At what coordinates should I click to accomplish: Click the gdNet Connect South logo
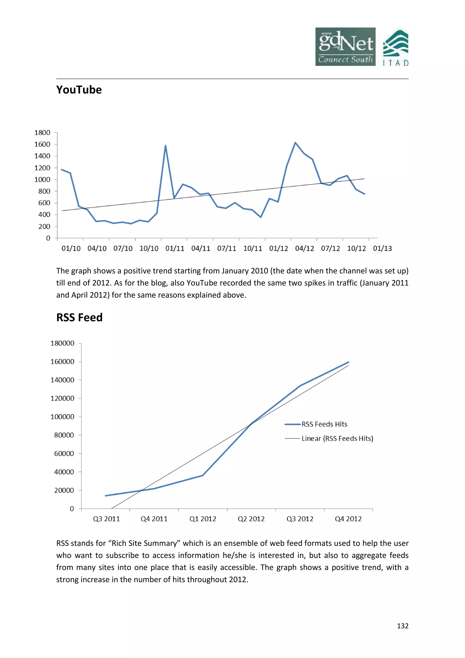click(345, 47)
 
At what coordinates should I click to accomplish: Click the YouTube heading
click(79, 90)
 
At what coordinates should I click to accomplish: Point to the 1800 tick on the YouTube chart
click(42, 133)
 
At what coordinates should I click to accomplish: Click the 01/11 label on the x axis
click(175, 249)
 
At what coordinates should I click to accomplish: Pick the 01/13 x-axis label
click(382, 249)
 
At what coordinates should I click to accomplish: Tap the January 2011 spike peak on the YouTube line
click(166, 146)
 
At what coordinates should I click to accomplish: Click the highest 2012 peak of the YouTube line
click(295, 142)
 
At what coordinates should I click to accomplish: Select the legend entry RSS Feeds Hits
click(324, 424)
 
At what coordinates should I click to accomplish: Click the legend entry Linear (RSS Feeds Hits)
click(337, 439)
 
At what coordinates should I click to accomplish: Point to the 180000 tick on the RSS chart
click(62, 343)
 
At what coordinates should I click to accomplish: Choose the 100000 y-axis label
click(62, 417)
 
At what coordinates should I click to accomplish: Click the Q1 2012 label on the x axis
click(203, 519)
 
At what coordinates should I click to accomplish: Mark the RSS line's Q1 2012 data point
click(203, 476)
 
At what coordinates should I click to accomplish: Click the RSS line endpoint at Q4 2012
click(349, 362)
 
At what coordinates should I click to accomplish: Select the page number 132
click(403, 626)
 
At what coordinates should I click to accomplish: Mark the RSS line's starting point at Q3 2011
click(106, 496)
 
